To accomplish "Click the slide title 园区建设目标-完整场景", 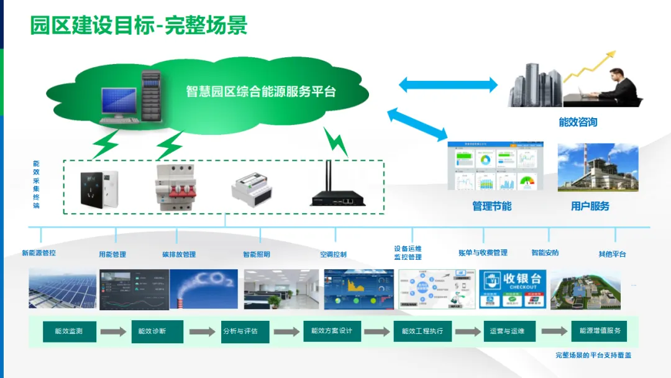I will coord(139,25).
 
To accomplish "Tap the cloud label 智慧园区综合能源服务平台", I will coord(261,92).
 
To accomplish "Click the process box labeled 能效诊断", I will coord(152,331).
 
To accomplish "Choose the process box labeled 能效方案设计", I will coord(332,331).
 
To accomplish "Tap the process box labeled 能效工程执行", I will coord(422,331).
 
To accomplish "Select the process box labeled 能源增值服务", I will coord(600,331).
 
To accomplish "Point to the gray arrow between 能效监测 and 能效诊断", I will coord(113,332).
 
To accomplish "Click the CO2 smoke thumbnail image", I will coord(204,288).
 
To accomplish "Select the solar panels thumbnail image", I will coord(62,288).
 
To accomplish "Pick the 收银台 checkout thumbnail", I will coord(513,288).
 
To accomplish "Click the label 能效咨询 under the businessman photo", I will coord(578,122).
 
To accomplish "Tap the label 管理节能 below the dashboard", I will coord(492,206).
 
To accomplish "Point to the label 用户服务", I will coord(590,206).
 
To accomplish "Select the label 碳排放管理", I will coord(179,254).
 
